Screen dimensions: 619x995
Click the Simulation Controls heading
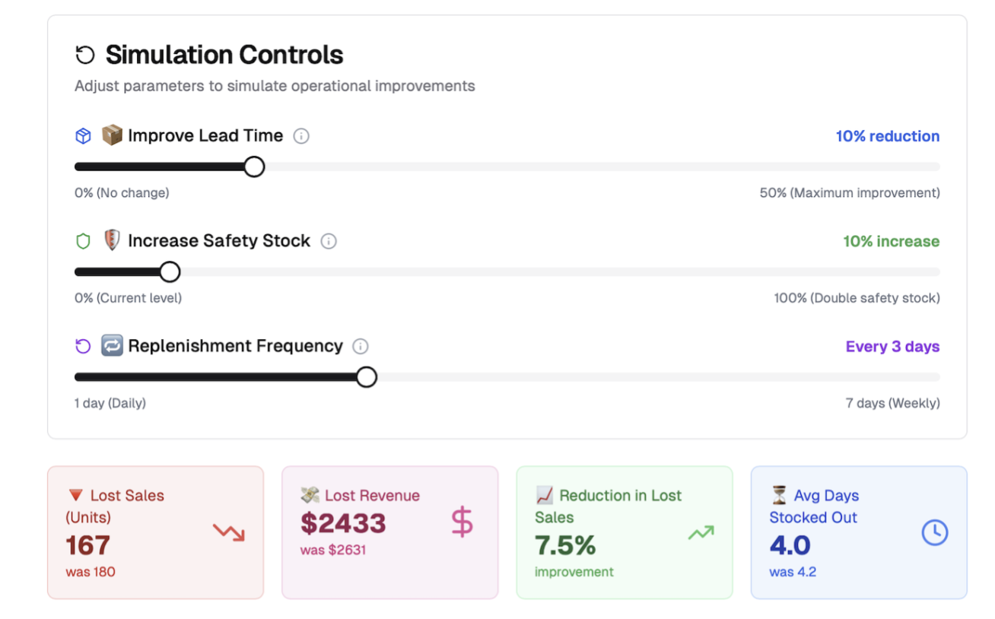tap(224, 55)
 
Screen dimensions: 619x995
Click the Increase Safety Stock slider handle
tap(170, 271)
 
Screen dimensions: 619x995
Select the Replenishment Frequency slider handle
tap(367, 376)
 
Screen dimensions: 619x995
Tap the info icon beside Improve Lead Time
tap(301, 136)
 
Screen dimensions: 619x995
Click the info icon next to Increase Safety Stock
tap(329, 241)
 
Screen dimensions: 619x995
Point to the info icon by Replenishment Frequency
tap(361, 346)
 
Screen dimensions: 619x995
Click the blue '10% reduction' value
tap(887, 136)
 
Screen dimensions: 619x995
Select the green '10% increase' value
tap(891, 241)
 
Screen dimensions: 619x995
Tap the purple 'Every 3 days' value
tap(892, 346)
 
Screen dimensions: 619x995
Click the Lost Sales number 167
tap(88, 545)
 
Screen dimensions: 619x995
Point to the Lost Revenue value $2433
tap(343, 523)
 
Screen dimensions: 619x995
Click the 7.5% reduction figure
tap(565, 545)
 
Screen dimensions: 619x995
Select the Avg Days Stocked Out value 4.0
tap(790, 545)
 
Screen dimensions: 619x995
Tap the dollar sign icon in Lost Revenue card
tap(462, 523)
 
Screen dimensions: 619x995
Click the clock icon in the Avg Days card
tap(935, 532)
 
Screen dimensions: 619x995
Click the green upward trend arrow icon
tap(701, 532)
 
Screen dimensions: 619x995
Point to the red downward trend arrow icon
tap(228, 532)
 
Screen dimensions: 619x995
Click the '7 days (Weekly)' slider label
tap(892, 403)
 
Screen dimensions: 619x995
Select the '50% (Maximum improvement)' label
tap(849, 193)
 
